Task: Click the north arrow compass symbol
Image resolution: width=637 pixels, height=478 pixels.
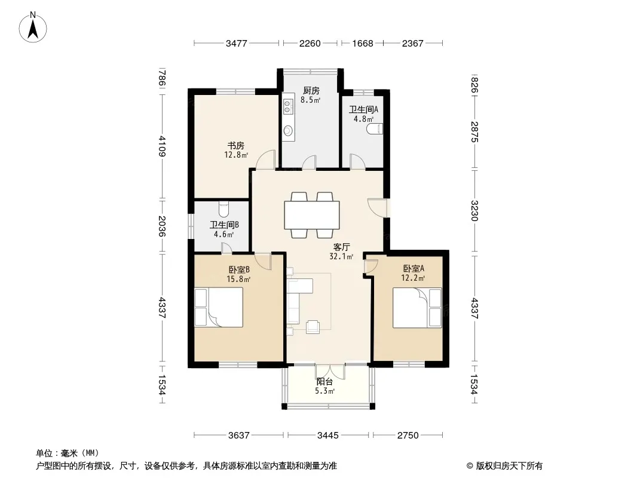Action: [x=33, y=27]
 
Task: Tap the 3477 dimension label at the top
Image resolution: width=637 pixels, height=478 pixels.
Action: [x=237, y=43]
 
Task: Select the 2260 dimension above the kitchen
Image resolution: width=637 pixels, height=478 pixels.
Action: [x=310, y=43]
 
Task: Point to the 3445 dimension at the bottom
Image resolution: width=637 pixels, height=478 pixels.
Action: [x=328, y=436]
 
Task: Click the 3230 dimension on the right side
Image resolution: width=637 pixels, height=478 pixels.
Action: [x=474, y=210]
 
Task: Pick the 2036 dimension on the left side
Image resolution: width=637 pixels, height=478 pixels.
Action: [x=162, y=226]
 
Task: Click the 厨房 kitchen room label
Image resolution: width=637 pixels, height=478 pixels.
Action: [x=311, y=91]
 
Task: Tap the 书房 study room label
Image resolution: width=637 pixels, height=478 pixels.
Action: [x=235, y=145]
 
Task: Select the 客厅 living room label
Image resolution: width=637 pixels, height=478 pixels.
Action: [x=342, y=247]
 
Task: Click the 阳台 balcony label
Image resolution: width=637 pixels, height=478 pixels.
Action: [x=324, y=382]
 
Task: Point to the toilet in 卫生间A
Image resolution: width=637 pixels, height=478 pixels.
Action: [x=375, y=129]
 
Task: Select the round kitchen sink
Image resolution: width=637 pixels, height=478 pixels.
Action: [x=288, y=131]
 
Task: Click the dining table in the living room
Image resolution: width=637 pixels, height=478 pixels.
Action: [x=312, y=215]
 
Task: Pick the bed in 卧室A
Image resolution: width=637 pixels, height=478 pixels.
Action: [x=417, y=308]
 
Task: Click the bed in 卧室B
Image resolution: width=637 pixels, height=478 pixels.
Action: [x=219, y=307]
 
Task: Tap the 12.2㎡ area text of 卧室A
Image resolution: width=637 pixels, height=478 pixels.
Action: [x=413, y=278]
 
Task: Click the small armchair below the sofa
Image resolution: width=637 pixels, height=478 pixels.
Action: [x=313, y=327]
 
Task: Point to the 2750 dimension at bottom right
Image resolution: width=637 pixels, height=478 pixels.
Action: [x=408, y=436]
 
